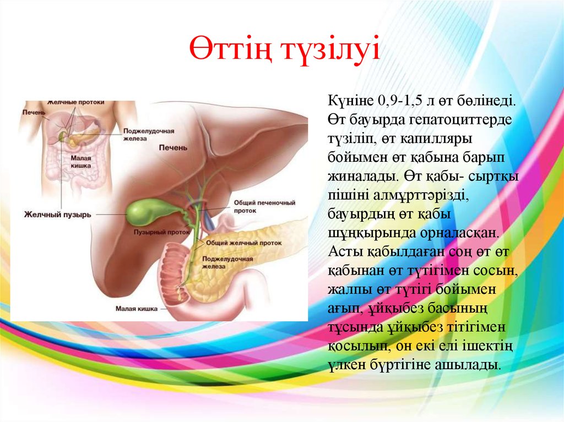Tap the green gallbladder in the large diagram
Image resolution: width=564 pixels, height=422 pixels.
(144, 211)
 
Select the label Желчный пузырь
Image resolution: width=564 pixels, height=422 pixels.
(57, 215)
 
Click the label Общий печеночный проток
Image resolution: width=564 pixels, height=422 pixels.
(264, 207)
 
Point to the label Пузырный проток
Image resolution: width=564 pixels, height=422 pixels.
(161, 232)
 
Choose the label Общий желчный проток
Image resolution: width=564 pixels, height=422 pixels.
(244, 243)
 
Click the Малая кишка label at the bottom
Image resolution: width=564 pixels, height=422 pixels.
(137, 309)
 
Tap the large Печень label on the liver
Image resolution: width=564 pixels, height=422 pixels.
(173, 147)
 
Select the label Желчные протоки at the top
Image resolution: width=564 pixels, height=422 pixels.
(75, 102)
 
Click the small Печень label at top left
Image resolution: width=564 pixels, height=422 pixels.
(34, 112)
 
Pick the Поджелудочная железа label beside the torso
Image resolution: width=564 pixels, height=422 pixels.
(149, 135)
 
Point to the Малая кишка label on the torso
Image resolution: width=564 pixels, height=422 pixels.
(80, 162)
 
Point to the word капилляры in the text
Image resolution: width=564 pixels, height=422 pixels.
(436, 139)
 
